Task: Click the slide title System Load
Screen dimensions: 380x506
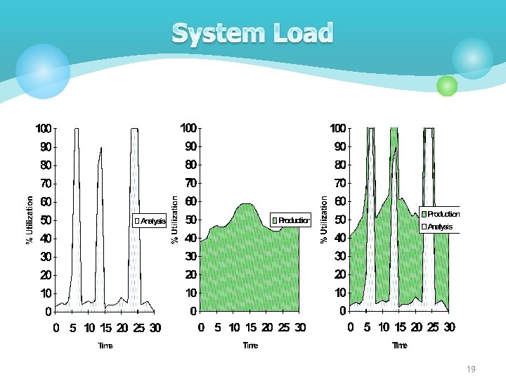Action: [x=252, y=33]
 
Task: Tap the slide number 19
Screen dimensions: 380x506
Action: [x=471, y=369]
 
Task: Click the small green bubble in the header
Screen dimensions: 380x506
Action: [x=447, y=86]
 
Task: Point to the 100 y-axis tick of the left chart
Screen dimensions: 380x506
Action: [x=44, y=129]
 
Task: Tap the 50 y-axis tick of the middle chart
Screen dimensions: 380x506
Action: [x=190, y=220]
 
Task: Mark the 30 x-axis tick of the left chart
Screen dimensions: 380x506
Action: [x=155, y=328]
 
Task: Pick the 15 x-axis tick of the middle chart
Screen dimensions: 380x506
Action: [x=251, y=328]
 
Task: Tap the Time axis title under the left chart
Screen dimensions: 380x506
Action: [x=105, y=346]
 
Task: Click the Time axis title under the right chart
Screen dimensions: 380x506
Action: [x=399, y=346]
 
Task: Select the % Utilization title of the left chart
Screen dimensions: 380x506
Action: [x=30, y=220]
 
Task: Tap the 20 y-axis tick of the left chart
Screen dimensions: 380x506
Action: [x=46, y=274]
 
